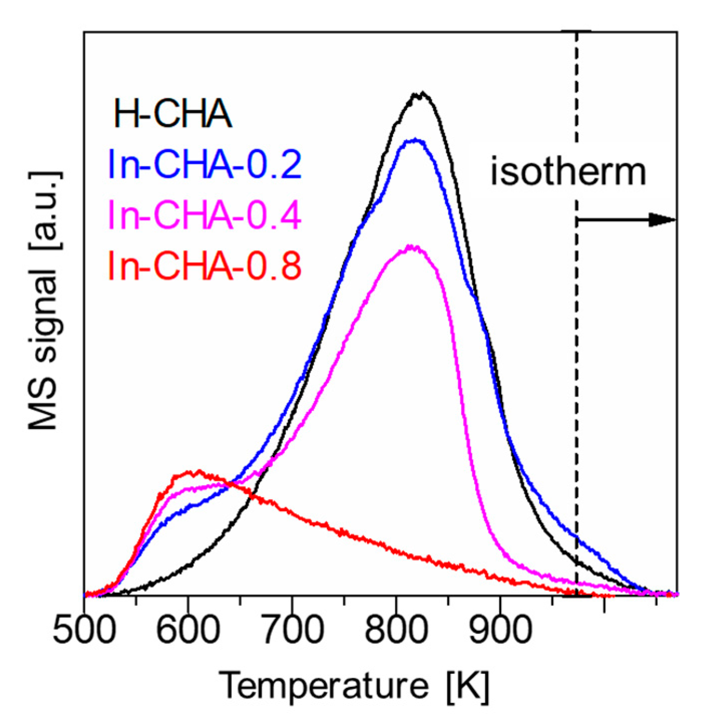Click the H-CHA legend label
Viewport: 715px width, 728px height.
coord(173,114)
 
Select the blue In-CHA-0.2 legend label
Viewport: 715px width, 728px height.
coord(204,164)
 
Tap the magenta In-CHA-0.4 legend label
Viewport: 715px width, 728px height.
coord(204,215)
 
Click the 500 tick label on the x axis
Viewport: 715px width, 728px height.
coord(84,630)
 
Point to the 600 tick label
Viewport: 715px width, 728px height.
coord(188,630)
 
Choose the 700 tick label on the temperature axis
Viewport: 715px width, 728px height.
coord(293,630)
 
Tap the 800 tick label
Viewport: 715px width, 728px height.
coord(396,630)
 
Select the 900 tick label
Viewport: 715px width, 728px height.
coord(500,630)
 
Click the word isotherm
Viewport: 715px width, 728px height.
coord(568,171)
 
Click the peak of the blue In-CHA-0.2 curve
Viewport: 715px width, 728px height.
coord(415,140)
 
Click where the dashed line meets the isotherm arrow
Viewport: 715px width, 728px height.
coord(577,220)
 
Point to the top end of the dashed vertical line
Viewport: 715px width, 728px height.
coord(577,32)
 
